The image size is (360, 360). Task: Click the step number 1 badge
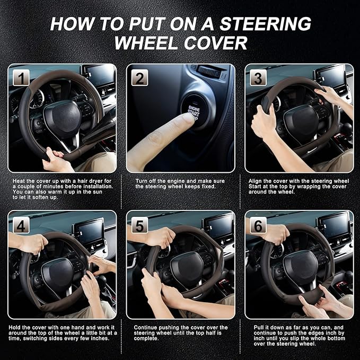point(21,78)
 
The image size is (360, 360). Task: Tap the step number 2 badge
point(139,78)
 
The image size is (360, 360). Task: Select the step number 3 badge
point(258,78)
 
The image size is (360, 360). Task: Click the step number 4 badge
point(21,225)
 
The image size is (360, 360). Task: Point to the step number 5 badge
point(139,225)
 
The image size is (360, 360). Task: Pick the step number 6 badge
point(258,225)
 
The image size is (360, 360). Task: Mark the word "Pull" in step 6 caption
point(254,328)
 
